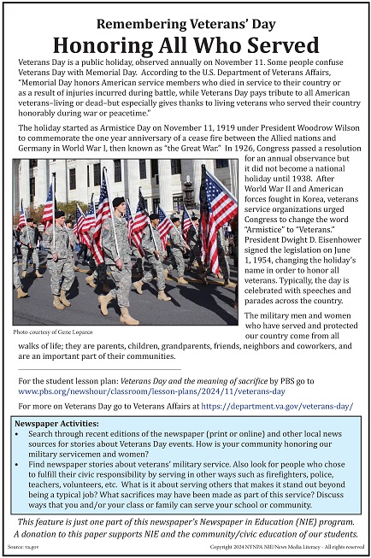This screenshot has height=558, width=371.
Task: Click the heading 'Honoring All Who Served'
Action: [185, 44]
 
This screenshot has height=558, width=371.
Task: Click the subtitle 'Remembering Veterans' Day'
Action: [185, 22]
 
